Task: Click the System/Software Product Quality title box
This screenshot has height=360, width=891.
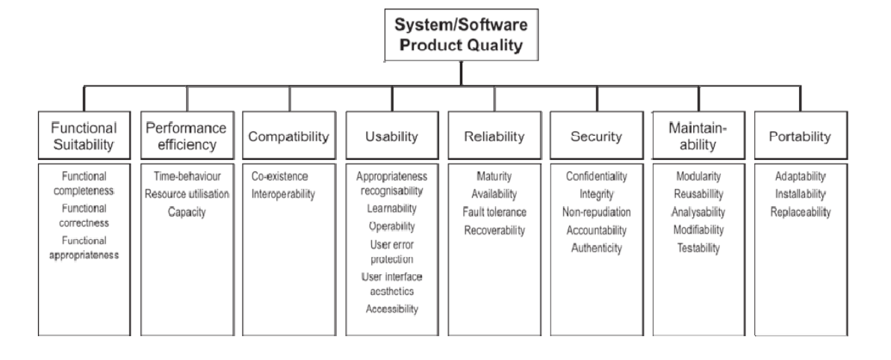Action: pos(461,34)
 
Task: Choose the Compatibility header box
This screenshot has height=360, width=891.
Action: pos(288,137)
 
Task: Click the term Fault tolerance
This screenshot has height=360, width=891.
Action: pos(494,213)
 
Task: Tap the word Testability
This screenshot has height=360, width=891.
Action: pos(698,249)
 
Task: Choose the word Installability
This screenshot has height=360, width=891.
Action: pos(801,195)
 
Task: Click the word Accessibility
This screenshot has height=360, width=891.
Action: pos(391,308)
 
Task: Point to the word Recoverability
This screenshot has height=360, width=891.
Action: pos(494,231)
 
